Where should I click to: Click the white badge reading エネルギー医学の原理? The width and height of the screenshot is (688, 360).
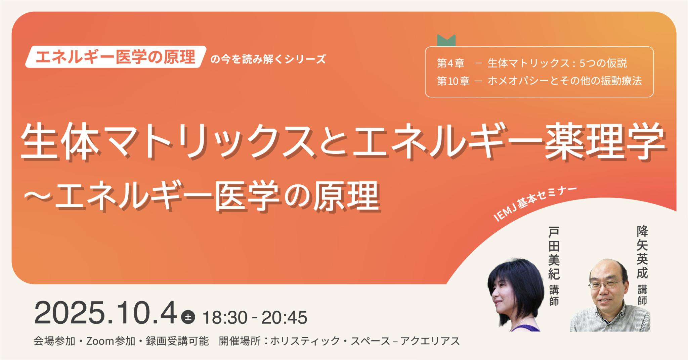coord(115,56)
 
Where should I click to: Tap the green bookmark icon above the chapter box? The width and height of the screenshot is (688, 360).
coord(446,41)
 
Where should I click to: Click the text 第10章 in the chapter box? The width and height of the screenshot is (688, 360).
coord(453,81)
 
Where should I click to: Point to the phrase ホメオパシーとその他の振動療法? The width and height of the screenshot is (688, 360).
coord(564,81)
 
